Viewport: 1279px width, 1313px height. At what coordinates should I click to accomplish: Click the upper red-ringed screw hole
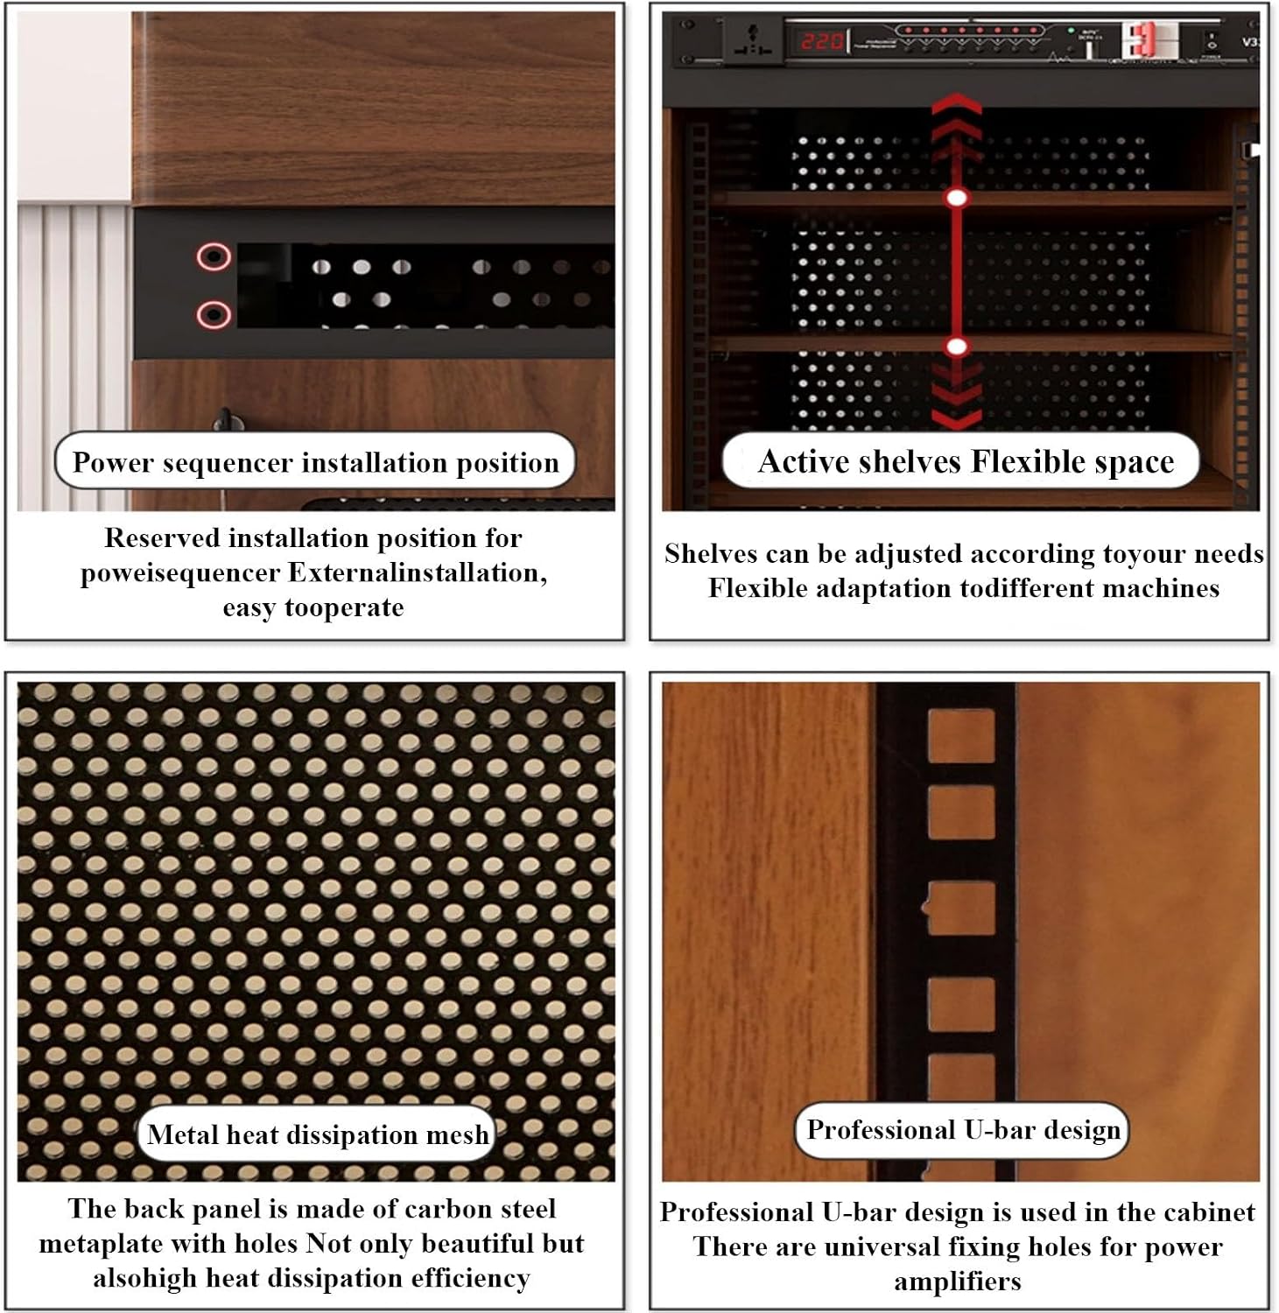(214, 257)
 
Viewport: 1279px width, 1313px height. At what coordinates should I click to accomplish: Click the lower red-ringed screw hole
(214, 314)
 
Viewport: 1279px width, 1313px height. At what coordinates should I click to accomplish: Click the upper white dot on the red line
(957, 198)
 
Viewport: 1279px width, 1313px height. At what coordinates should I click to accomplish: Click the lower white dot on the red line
(957, 347)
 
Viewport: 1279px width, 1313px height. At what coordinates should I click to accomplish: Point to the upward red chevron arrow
(957, 123)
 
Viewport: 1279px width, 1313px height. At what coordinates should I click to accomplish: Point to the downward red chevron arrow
(957, 394)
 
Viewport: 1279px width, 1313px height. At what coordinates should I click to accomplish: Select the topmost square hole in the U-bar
(961, 736)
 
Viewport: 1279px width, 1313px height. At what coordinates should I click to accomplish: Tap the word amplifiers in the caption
(958, 1281)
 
